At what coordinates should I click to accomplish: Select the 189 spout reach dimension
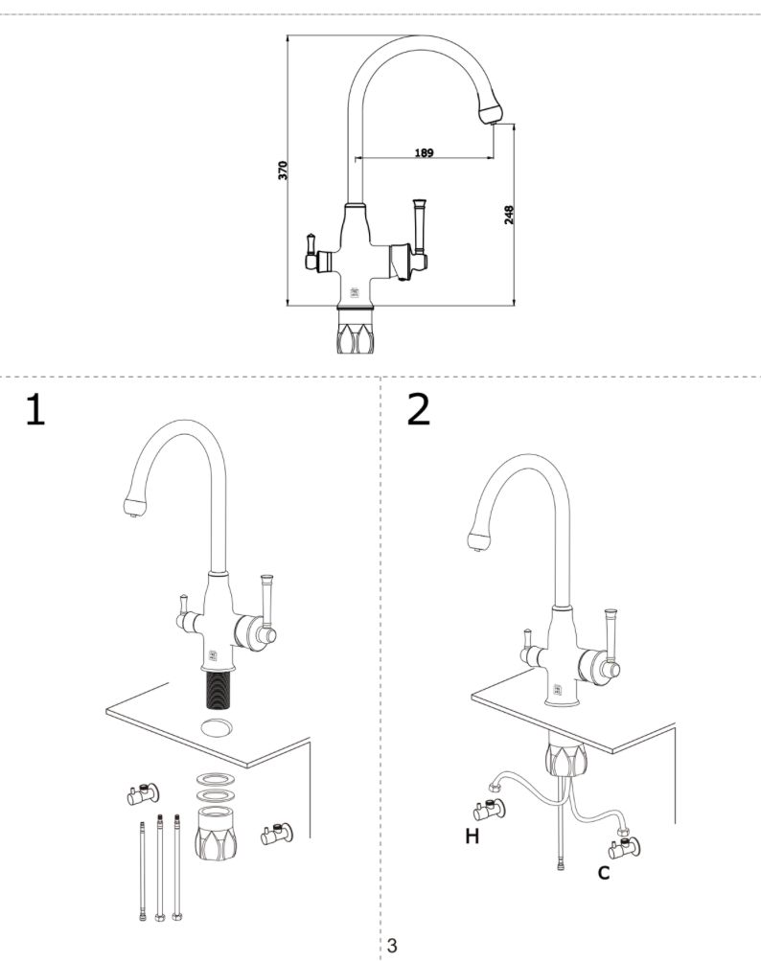[424, 152]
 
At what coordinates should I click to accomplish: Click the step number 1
[35, 409]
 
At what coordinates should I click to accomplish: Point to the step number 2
[419, 409]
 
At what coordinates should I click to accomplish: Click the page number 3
[392, 946]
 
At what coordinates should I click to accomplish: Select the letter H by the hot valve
[472, 836]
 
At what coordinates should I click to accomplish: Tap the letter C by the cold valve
[604, 873]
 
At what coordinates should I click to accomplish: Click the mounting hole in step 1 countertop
[219, 725]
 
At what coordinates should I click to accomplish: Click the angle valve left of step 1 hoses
[145, 793]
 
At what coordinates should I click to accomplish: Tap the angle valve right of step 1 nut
[278, 835]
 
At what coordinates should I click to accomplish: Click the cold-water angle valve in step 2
[626, 846]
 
